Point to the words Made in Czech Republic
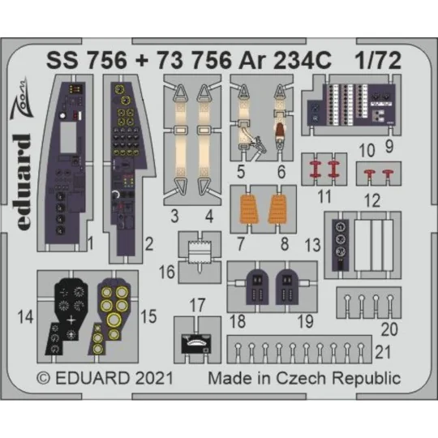point(304,378)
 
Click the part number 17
point(197,306)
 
